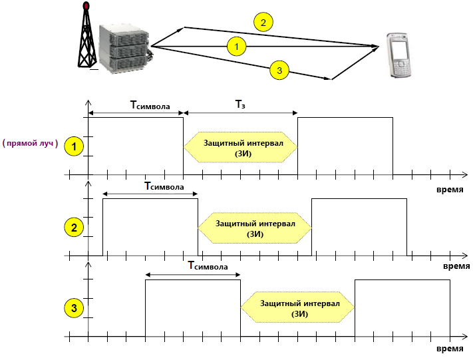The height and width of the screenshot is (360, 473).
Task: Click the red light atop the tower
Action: pos(86,6)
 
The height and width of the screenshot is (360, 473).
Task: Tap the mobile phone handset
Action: pos(398,55)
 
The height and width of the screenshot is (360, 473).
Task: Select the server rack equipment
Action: pos(124,49)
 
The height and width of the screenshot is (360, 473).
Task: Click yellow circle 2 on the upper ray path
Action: pos(263,23)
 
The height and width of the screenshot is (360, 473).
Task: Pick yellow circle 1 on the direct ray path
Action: pos(237,47)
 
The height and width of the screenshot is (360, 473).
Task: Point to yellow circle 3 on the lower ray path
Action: pos(279,71)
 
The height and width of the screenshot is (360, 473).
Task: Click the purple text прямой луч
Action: pos(30,142)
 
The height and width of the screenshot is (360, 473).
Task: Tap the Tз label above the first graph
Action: pos(240,104)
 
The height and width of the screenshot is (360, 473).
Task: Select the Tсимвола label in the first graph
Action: pos(150,105)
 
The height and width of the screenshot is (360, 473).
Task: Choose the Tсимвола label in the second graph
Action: pos(164,186)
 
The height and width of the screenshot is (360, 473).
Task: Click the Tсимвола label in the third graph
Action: pos(208,266)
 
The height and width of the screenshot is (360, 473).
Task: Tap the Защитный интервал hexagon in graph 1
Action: pos(240,147)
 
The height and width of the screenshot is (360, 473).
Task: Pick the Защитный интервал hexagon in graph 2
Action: pos(255,228)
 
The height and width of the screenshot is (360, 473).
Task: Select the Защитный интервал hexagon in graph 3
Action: pos(298,307)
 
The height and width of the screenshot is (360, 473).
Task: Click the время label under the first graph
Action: pos(450,190)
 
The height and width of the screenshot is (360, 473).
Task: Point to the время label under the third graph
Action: pos(450,349)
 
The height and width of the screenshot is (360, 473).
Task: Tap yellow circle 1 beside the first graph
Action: pos(74,146)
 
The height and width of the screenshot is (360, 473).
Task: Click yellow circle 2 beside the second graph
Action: pos(74,227)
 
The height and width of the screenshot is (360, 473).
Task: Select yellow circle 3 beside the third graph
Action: pos(74,308)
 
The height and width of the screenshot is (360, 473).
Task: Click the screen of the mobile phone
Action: pos(398,50)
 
